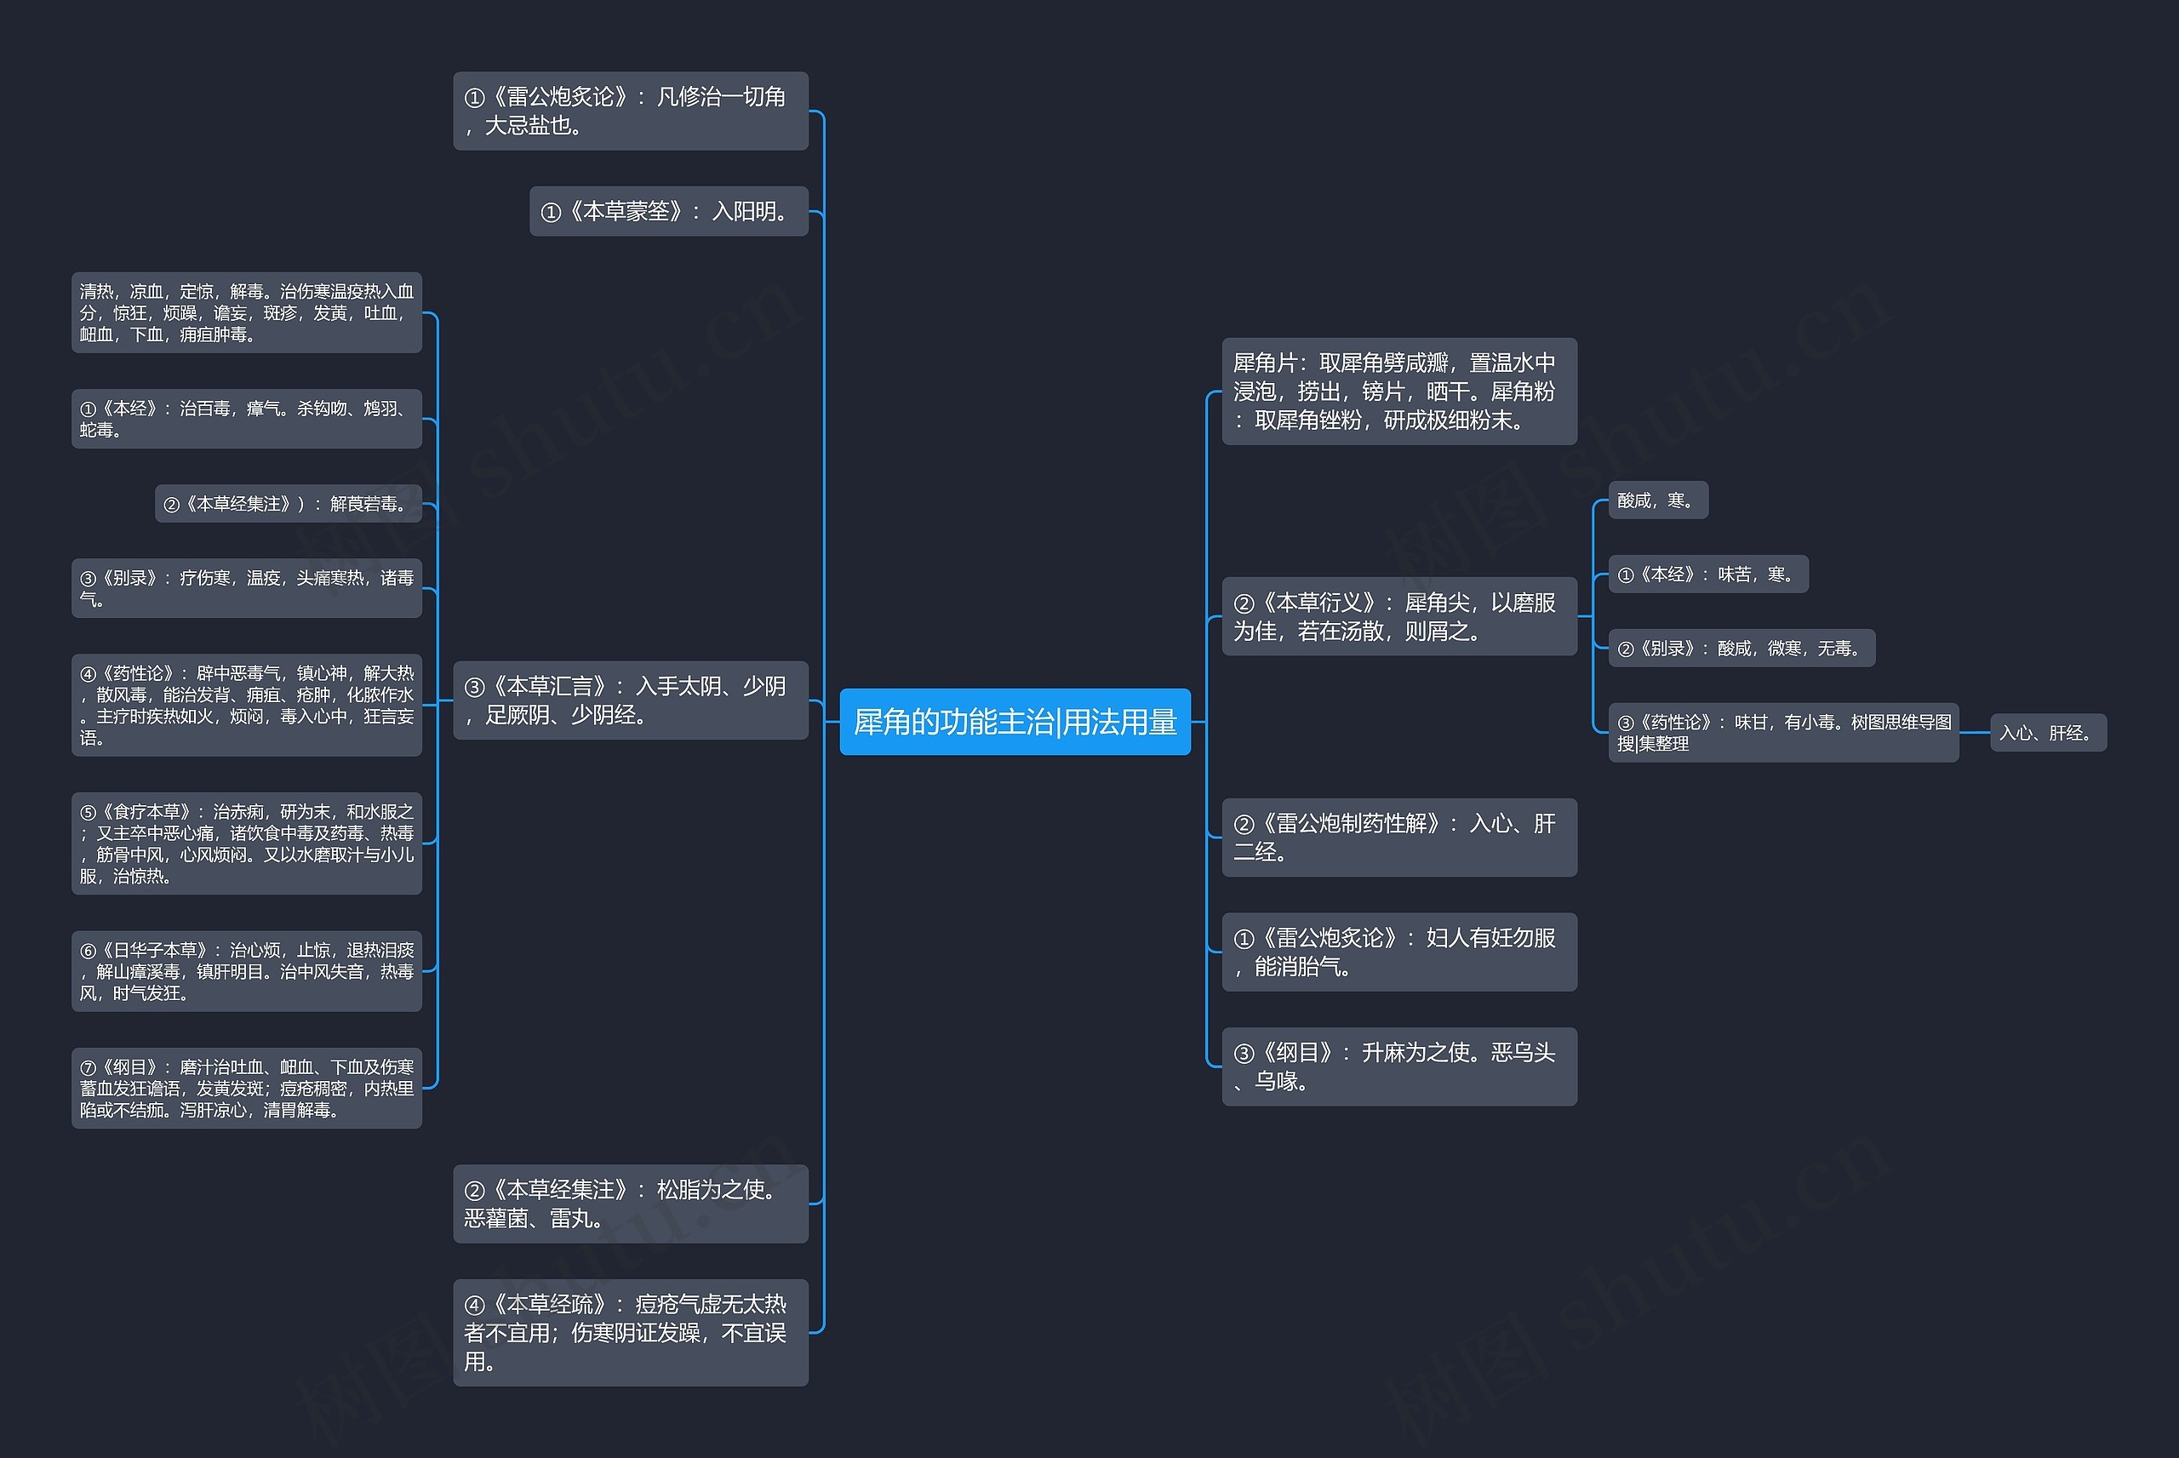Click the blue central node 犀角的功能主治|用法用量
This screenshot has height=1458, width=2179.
coord(1015,722)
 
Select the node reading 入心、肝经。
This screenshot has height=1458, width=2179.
coord(2048,733)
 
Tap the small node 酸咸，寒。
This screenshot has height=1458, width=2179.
coord(1657,500)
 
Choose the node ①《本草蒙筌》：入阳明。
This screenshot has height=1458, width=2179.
coord(668,211)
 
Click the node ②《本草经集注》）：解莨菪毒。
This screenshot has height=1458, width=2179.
coord(289,504)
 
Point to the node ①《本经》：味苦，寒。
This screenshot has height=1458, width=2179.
coord(1707,575)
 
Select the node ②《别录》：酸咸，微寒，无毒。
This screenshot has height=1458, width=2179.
coord(1741,648)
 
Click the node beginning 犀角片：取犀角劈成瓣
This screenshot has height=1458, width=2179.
coord(1399,392)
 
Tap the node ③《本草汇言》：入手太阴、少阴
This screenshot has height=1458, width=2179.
coord(630,700)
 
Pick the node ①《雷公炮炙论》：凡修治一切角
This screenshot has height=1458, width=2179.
coord(630,111)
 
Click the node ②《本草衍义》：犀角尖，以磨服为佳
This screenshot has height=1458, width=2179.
coord(1399,616)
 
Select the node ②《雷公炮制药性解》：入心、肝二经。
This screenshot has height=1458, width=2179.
coord(1399,837)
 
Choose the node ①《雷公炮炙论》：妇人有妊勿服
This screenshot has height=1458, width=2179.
coord(1399,952)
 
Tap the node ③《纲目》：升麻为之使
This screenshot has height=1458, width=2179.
coord(1399,1066)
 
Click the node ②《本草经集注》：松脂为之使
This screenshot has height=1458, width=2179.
coord(630,1204)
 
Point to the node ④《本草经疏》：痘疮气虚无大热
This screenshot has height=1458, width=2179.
coord(630,1333)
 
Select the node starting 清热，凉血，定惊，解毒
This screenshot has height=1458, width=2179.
coord(246,312)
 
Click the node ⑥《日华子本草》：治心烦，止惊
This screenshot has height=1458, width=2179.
coord(246,971)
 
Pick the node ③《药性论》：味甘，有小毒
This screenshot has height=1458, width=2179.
coord(1783,733)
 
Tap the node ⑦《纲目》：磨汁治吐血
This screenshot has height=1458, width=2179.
coord(246,1088)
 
